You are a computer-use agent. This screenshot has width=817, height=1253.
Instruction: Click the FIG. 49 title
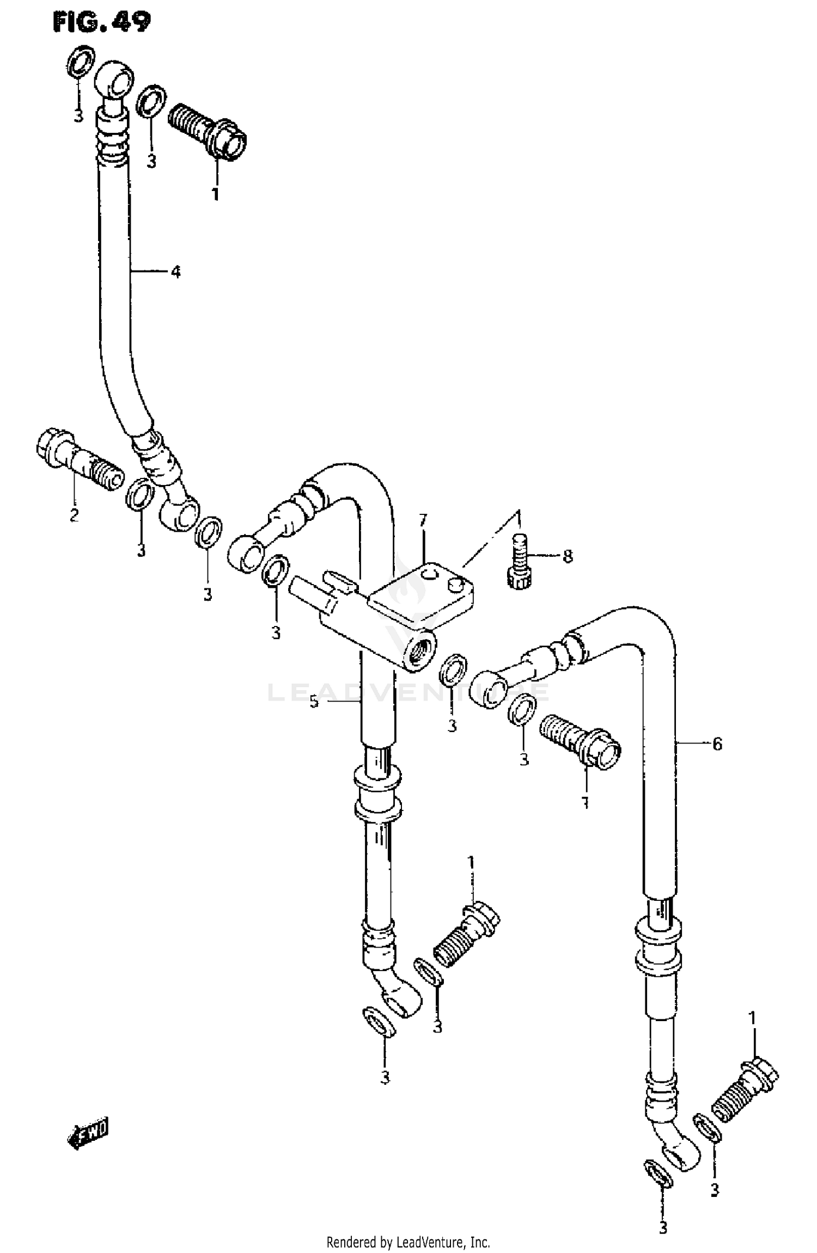[x=102, y=22]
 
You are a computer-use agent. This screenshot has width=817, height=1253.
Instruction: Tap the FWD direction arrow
[x=89, y=1134]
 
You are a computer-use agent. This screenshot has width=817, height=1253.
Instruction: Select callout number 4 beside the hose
[x=175, y=271]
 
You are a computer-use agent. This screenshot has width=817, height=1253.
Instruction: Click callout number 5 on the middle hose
[x=314, y=702]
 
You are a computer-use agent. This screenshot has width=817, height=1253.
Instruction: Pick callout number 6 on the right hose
[x=717, y=744]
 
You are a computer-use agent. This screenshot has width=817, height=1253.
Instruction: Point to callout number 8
[x=568, y=556]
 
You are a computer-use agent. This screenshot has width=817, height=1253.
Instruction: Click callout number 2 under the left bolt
[x=74, y=514]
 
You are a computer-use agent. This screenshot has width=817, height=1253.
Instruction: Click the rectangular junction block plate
[x=420, y=592]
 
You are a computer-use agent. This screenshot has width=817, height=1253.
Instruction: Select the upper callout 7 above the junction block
[x=423, y=521]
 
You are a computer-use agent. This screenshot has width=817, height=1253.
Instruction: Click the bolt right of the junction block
[x=580, y=742]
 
